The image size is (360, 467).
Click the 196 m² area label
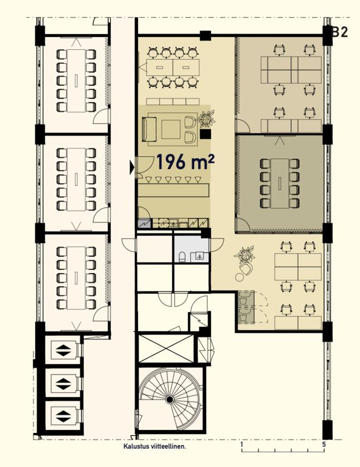click(x=185, y=162)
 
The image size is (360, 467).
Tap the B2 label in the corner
click(x=340, y=32)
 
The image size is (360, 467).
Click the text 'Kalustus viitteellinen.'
click(x=155, y=446)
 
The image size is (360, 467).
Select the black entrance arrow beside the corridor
click(x=132, y=167)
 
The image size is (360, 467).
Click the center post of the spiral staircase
click(x=170, y=400)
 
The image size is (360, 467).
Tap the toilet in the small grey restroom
click(x=182, y=257)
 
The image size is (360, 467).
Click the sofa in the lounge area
click(x=150, y=130)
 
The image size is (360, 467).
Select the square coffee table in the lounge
click(x=171, y=130)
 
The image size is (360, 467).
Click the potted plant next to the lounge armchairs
click(x=206, y=119)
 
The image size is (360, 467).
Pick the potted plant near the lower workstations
click(x=245, y=255)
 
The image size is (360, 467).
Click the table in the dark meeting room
click(x=280, y=184)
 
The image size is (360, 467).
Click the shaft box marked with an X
click(x=166, y=348)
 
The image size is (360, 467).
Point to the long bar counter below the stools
click(x=173, y=190)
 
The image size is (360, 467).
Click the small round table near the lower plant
click(x=239, y=277)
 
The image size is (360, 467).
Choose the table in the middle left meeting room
click(x=76, y=179)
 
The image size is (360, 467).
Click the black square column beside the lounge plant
click(x=206, y=134)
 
